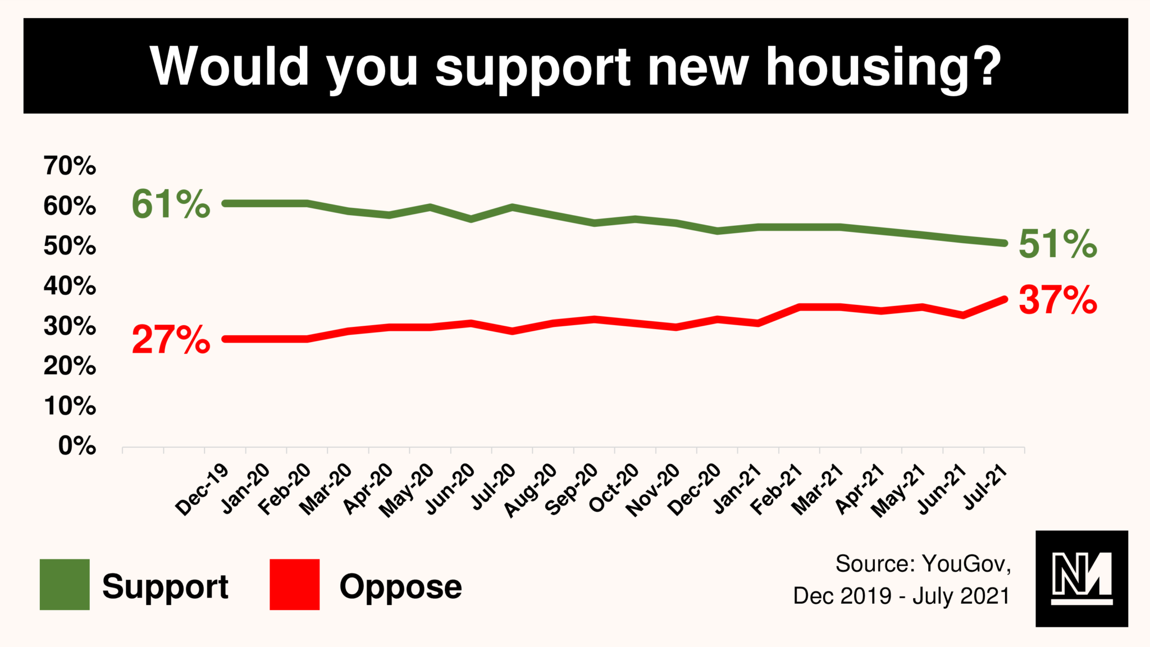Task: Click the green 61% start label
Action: pyautogui.click(x=171, y=204)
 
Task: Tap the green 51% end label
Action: pyautogui.click(x=1057, y=244)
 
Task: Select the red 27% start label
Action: pyautogui.click(x=171, y=340)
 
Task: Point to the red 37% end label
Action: pyautogui.click(x=1057, y=300)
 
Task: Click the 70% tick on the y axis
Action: pyautogui.click(x=70, y=166)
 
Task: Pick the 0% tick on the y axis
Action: pyautogui.click(x=77, y=446)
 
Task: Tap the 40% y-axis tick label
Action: pyautogui.click(x=70, y=286)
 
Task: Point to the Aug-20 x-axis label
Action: pyautogui.click(x=530, y=490)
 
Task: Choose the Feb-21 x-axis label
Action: pyautogui.click(x=776, y=490)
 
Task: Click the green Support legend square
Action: pyautogui.click(x=65, y=584)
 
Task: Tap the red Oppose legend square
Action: pyautogui.click(x=294, y=584)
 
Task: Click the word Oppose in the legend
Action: pyautogui.click(x=400, y=587)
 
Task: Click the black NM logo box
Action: pyautogui.click(x=1081, y=578)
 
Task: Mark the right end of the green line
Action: pyautogui.click(x=1004, y=243)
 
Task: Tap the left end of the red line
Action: pyautogui.click(x=225, y=339)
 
